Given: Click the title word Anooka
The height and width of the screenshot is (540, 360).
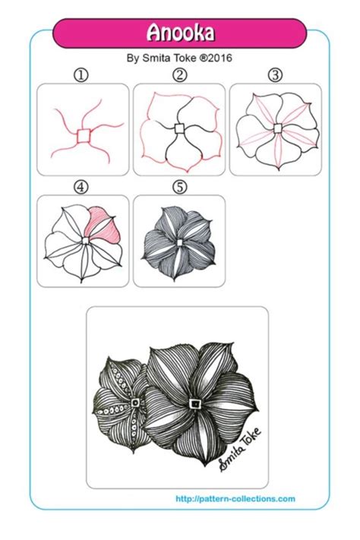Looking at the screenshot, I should [180, 33].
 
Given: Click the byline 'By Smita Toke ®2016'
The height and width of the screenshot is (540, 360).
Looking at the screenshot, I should [179, 58].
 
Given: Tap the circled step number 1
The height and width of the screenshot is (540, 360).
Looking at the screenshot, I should [82, 74].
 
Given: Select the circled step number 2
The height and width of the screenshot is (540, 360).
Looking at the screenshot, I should [179, 74].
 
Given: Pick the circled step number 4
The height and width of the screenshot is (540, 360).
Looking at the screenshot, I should [82, 186].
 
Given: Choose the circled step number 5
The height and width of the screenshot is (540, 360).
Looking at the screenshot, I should [179, 186].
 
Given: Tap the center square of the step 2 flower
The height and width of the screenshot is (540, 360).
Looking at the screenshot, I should [179, 128].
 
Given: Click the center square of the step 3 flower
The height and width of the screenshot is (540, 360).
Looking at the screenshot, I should [277, 128].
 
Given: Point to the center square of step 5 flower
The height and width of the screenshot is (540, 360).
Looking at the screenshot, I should [179, 242].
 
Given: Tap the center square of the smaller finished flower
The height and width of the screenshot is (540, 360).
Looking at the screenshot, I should [134, 403].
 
